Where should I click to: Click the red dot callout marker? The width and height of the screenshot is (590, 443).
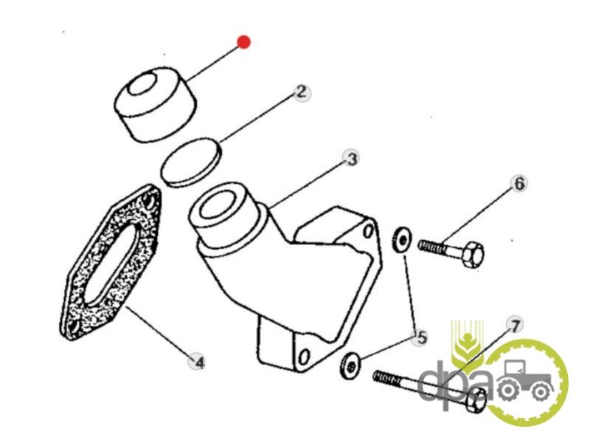click(x=244, y=42)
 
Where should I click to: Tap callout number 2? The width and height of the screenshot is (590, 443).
click(x=302, y=92)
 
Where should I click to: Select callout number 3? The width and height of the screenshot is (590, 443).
click(x=351, y=159)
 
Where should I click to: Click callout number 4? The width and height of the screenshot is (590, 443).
click(x=198, y=362)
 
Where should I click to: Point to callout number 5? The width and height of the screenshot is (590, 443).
click(x=420, y=337)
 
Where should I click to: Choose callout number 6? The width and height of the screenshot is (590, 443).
click(x=519, y=183)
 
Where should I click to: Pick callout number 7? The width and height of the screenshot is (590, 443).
click(x=514, y=324)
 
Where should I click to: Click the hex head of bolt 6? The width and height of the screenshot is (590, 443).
click(x=472, y=255)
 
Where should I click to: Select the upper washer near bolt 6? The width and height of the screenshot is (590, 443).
click(x=402, y=239)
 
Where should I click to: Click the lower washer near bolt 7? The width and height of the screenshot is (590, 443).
click(x=350, y=365)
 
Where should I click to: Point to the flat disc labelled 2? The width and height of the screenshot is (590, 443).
click(x=191, y=162)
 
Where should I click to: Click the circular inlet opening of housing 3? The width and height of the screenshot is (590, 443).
click(x=215, y=205)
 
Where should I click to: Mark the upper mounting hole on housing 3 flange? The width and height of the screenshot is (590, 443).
click(x=369, y=230)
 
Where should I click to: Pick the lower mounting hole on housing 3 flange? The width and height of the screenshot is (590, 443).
click(x=304, y=357)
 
